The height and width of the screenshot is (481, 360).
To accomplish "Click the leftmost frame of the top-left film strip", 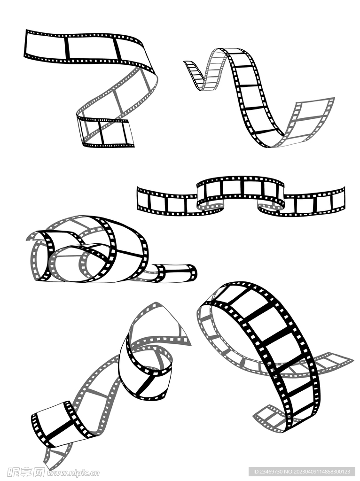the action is click(46, 46).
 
